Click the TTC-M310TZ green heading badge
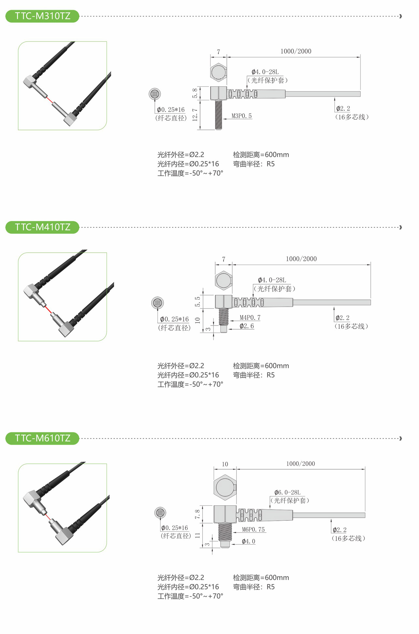coord(42,16)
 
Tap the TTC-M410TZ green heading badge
coord(42,227)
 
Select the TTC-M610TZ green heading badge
coord(42,438)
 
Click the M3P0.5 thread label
coord(241,116)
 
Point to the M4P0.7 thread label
coord(250,317)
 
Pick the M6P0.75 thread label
coord(253,530)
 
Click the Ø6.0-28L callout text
coord(287,492)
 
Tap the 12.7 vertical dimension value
coord(195,115)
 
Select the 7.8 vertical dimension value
coord(197,514)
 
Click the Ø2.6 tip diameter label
coord(247,326)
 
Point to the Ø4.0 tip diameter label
coord(248,541)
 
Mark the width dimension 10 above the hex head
coord(225,464)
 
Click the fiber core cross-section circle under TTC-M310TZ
coord(154,94)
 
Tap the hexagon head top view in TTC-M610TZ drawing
coord(225,487)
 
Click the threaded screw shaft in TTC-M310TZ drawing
coord(219,115)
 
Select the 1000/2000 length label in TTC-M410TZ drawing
coord(301,259)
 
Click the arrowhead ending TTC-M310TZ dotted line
coord(400,16)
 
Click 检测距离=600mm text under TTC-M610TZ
coord(261,578)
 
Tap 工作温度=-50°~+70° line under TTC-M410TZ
coord(190,384)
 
